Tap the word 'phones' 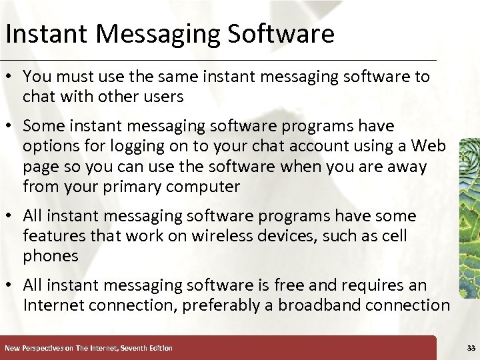click(x=51, y=256)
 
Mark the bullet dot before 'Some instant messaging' click(x=11, y=126)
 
